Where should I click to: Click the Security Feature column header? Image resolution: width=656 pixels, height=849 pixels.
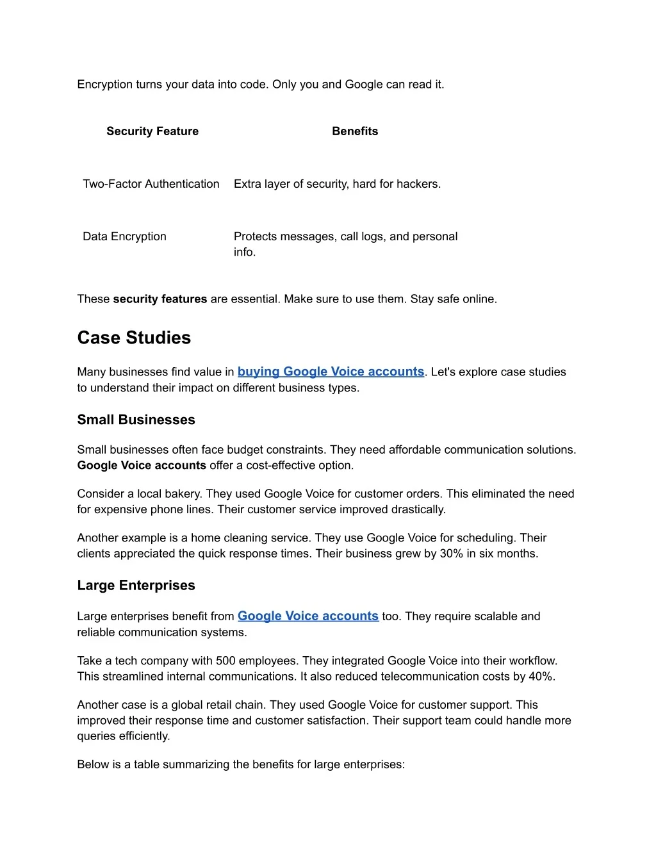[x=152, y=131]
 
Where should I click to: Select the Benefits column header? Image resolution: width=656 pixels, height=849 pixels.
[x=355, y=131]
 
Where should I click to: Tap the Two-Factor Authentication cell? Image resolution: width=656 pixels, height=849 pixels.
[x=151, y=184]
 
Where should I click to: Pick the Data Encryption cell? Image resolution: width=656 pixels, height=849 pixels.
[x=124, y=236]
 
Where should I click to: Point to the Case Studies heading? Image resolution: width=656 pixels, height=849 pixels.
[x=134, y=338]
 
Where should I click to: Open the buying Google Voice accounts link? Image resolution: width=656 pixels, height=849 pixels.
[x=331, y=372]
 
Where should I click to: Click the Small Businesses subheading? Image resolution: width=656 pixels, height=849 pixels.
[x=136, y=420]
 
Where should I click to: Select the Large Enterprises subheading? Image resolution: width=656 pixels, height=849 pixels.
[x=136, y=585]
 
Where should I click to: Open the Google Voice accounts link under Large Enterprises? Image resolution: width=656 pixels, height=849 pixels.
[x=308, y=616]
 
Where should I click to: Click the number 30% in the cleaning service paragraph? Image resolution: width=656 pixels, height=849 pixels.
[x=451, y=554]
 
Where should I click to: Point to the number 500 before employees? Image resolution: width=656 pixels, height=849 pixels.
[x=225, y=661]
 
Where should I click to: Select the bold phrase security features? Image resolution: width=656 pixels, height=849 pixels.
[x=160, y=299]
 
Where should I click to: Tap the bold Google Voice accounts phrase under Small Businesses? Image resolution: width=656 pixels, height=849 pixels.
[x=142, y=466]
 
